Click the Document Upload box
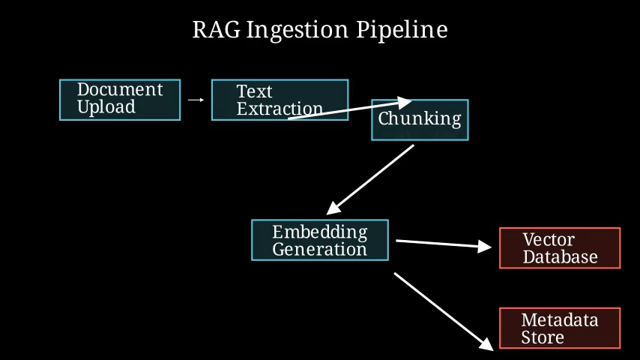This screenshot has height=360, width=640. coord(120,100)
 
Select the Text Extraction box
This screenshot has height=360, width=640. coord(280,100)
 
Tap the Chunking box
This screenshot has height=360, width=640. coord(420,120)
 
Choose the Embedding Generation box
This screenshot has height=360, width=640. coord(320,240)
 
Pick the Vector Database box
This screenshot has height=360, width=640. coord(560,248)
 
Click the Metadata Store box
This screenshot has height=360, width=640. coord(560,328)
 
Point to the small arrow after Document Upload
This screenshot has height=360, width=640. coord(196,100)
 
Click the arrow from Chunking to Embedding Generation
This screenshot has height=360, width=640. coord(370,180)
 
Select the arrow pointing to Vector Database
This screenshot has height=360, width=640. coord(444,244)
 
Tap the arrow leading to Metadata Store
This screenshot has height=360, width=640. coord(444,311)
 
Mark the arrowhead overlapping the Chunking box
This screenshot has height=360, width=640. coord(404,103)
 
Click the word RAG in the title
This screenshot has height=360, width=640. coord(217,30)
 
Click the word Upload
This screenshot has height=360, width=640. coord(106,107)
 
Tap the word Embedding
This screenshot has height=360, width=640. coord(320,232)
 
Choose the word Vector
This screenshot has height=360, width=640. coord(549,239)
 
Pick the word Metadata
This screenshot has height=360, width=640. coord(560,320)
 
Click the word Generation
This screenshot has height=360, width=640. coord(319,249)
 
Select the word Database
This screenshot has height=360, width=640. coord(560,257)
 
